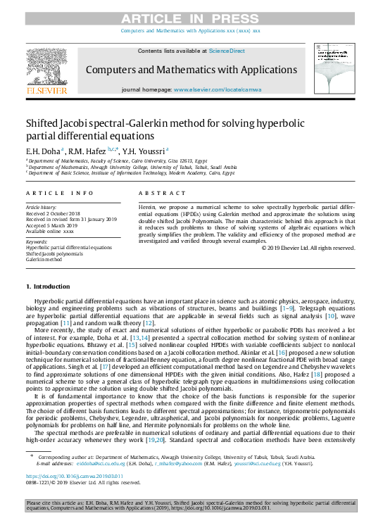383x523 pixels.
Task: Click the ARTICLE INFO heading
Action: tap(60, 192)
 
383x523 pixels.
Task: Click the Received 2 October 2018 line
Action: tap(54, 214)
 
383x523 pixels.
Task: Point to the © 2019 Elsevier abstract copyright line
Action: tap(308, 247)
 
